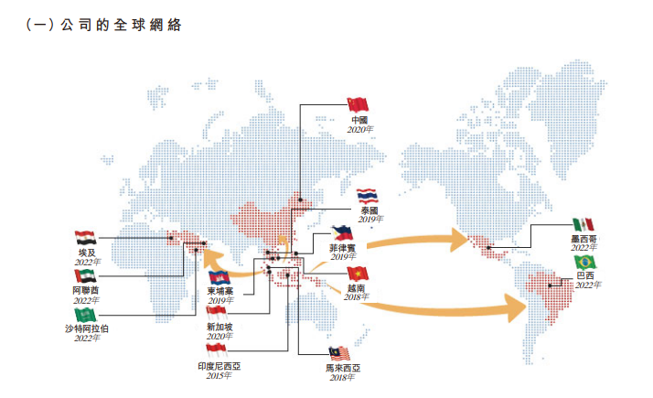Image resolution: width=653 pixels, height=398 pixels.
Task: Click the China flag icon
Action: pyautogui.click(x=358, y=105)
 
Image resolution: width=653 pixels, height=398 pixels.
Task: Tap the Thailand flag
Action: pyautogui.click(x=368, y=197)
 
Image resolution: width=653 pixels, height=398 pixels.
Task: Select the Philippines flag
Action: pyautogui.click(x=342, y=233)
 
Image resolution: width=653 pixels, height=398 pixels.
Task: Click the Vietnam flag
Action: pyautogui.click(x=359, y=274)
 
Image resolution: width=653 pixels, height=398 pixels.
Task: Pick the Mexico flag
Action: pyautogui.click(x=583, y=225)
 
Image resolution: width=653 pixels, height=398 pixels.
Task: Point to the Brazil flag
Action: pyautogui.click(x=585, y=263)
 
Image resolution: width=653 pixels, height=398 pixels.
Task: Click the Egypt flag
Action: pyautogui.click(x=86, y=238)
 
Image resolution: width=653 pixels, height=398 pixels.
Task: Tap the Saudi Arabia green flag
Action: pyautogui.click(x=85, y=315)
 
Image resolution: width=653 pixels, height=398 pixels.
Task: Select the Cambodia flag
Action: pyautogui.click(x=219, y=277)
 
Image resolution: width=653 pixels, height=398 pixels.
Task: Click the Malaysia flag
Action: pyautogui.click(x=339, y=354)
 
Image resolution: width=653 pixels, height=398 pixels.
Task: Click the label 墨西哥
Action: pyautogui.click(x=583, y=239)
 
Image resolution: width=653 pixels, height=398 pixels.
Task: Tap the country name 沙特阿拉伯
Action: pyautogui.click(x=87, y=328)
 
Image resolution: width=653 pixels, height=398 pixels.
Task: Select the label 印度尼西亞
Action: pyautogui.click(x=219, y=366)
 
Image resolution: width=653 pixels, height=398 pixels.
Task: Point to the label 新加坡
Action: pyautogui.click(x=219, y=328)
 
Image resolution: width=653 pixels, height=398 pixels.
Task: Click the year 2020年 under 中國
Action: pyautogui.click(x=360, y=130)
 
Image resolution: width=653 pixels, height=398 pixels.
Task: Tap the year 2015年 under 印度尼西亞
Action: pyautogui.click(x=219, y=376)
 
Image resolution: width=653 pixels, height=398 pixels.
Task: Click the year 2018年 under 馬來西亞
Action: pyautogui.click(x=342, y=378)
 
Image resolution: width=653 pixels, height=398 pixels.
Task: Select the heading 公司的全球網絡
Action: pyautogui.click(x=122, y=25)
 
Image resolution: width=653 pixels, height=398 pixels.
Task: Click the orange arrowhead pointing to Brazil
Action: pyautogui.click(x=516, y=307)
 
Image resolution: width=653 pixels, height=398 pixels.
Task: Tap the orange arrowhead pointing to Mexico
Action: pyautogui.click(x=460, y=240)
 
